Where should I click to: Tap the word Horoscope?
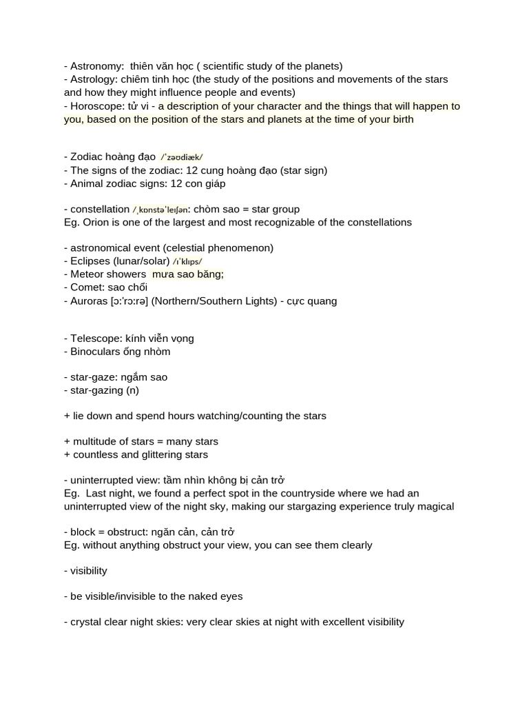pos(97,106)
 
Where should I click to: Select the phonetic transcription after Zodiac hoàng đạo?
pos(182,157)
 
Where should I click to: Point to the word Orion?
pos(96,222)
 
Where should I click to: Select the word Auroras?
pos(90,301)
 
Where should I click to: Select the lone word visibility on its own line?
pos(89,571)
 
